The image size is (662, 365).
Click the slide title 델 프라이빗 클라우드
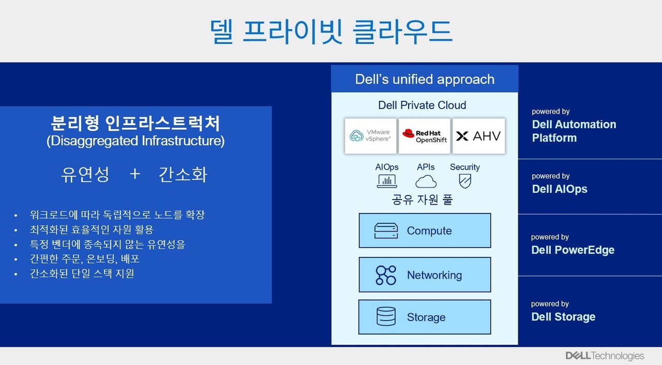pyautogui.click(x=331, y=31)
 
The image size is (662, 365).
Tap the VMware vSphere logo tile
pyautogui.click(x=370, y=136)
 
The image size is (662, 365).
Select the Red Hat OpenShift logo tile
pyautogui.click(x=425, y=136)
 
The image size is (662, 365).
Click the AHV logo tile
pyautogui.click(x=478, y=136)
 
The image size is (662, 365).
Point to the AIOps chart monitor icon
pyautogui.click(x=387, y=181)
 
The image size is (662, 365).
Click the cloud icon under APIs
pyautogui.click(x=426, y=181)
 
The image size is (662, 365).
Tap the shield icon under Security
pyautogui.click(x=464, y=181)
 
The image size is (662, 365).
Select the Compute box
pyautogui.click(x=425, y=231)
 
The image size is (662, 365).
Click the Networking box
pyautogui.click(x=425, y=275)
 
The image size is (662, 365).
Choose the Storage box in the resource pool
pyautogui.click(x=425, y=317)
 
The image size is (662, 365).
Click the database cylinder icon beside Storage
pyautogui.click(x=386, y=317)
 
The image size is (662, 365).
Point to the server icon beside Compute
pyautogui.click(x=386, y=231)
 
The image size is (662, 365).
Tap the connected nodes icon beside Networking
pyautogui.click(x=386, y=275)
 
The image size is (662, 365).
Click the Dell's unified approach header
pyautogui.click(x=425, y=79)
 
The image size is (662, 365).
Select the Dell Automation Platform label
pyautogui.click(x=574, y=131)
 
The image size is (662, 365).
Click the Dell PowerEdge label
pyautogui.click(x=573, y=250)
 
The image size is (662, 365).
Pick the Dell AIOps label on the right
pyautogui.click(x=559, y=189)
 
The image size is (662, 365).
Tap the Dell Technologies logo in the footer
pyautogui.click(x=605, y=356)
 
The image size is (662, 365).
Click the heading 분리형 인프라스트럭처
pyautogui.click(x=136, y=124)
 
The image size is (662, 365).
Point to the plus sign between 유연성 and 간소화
pyautogui.click(x=134, y=174)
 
